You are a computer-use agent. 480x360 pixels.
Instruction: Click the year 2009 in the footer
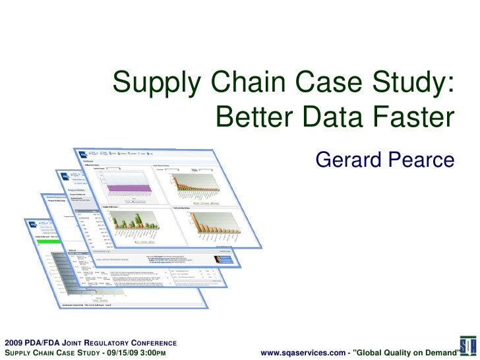(x=14, y=343)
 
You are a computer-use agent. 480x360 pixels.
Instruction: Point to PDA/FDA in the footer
(x=45, y=343)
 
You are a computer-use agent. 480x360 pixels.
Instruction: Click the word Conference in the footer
(x=152, y=343)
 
